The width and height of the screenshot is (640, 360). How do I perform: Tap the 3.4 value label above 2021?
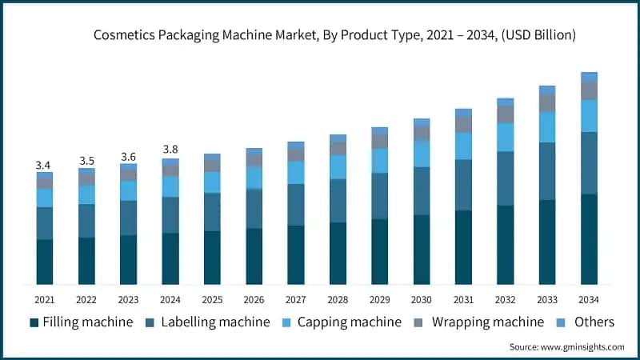pyautogui.click(x=44, y=165)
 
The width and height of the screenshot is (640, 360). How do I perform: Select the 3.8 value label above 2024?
pyautogui.click(x=170, y=149)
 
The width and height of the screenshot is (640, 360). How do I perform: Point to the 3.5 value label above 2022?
pyautogui.click(x=86, y=161)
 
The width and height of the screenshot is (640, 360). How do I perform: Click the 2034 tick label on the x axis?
pyautogui.click(x=589, y=299)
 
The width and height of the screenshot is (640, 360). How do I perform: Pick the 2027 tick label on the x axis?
pyautogui.click(x=295, y=299)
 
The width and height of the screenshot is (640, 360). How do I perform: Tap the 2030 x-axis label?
pyautogui.click(x=421, y=299)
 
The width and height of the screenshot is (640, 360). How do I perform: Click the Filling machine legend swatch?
pyautogui.click(x=34, y=322)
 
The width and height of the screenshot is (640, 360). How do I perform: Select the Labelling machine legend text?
pyautogui.click(x=215, y=322)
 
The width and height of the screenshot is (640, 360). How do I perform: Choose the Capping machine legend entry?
pyautogui.click(x=341, y=322)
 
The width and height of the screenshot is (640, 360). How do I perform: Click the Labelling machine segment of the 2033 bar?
pyautogui.click(x=547, y=171)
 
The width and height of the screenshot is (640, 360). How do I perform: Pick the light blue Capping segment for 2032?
pyautogui.click(x=505, y=137)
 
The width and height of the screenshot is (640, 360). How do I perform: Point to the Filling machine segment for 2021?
pyautogui.click(x=44, y=262)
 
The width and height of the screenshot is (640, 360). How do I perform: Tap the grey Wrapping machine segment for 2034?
pyautogui.click(x=589, y=90)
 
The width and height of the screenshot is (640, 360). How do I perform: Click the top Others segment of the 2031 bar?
pyautogui.click(x=463, y=113)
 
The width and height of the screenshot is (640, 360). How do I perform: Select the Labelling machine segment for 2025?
pyautogui.click(x=212, y=212)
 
